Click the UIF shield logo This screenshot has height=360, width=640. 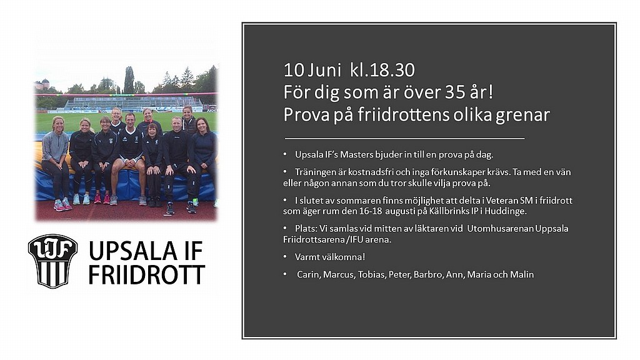[52, 261]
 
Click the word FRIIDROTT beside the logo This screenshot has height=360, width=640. [146, 275]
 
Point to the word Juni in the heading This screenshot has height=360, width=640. [324, 70]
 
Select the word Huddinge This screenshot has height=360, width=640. [508, 211]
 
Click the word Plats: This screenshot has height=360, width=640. [306, 229]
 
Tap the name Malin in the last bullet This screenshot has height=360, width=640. [522, 275]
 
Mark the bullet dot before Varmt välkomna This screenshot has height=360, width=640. [285, 257]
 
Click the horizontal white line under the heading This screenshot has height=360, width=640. [404, 139]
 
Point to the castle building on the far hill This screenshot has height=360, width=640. [42, 84]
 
